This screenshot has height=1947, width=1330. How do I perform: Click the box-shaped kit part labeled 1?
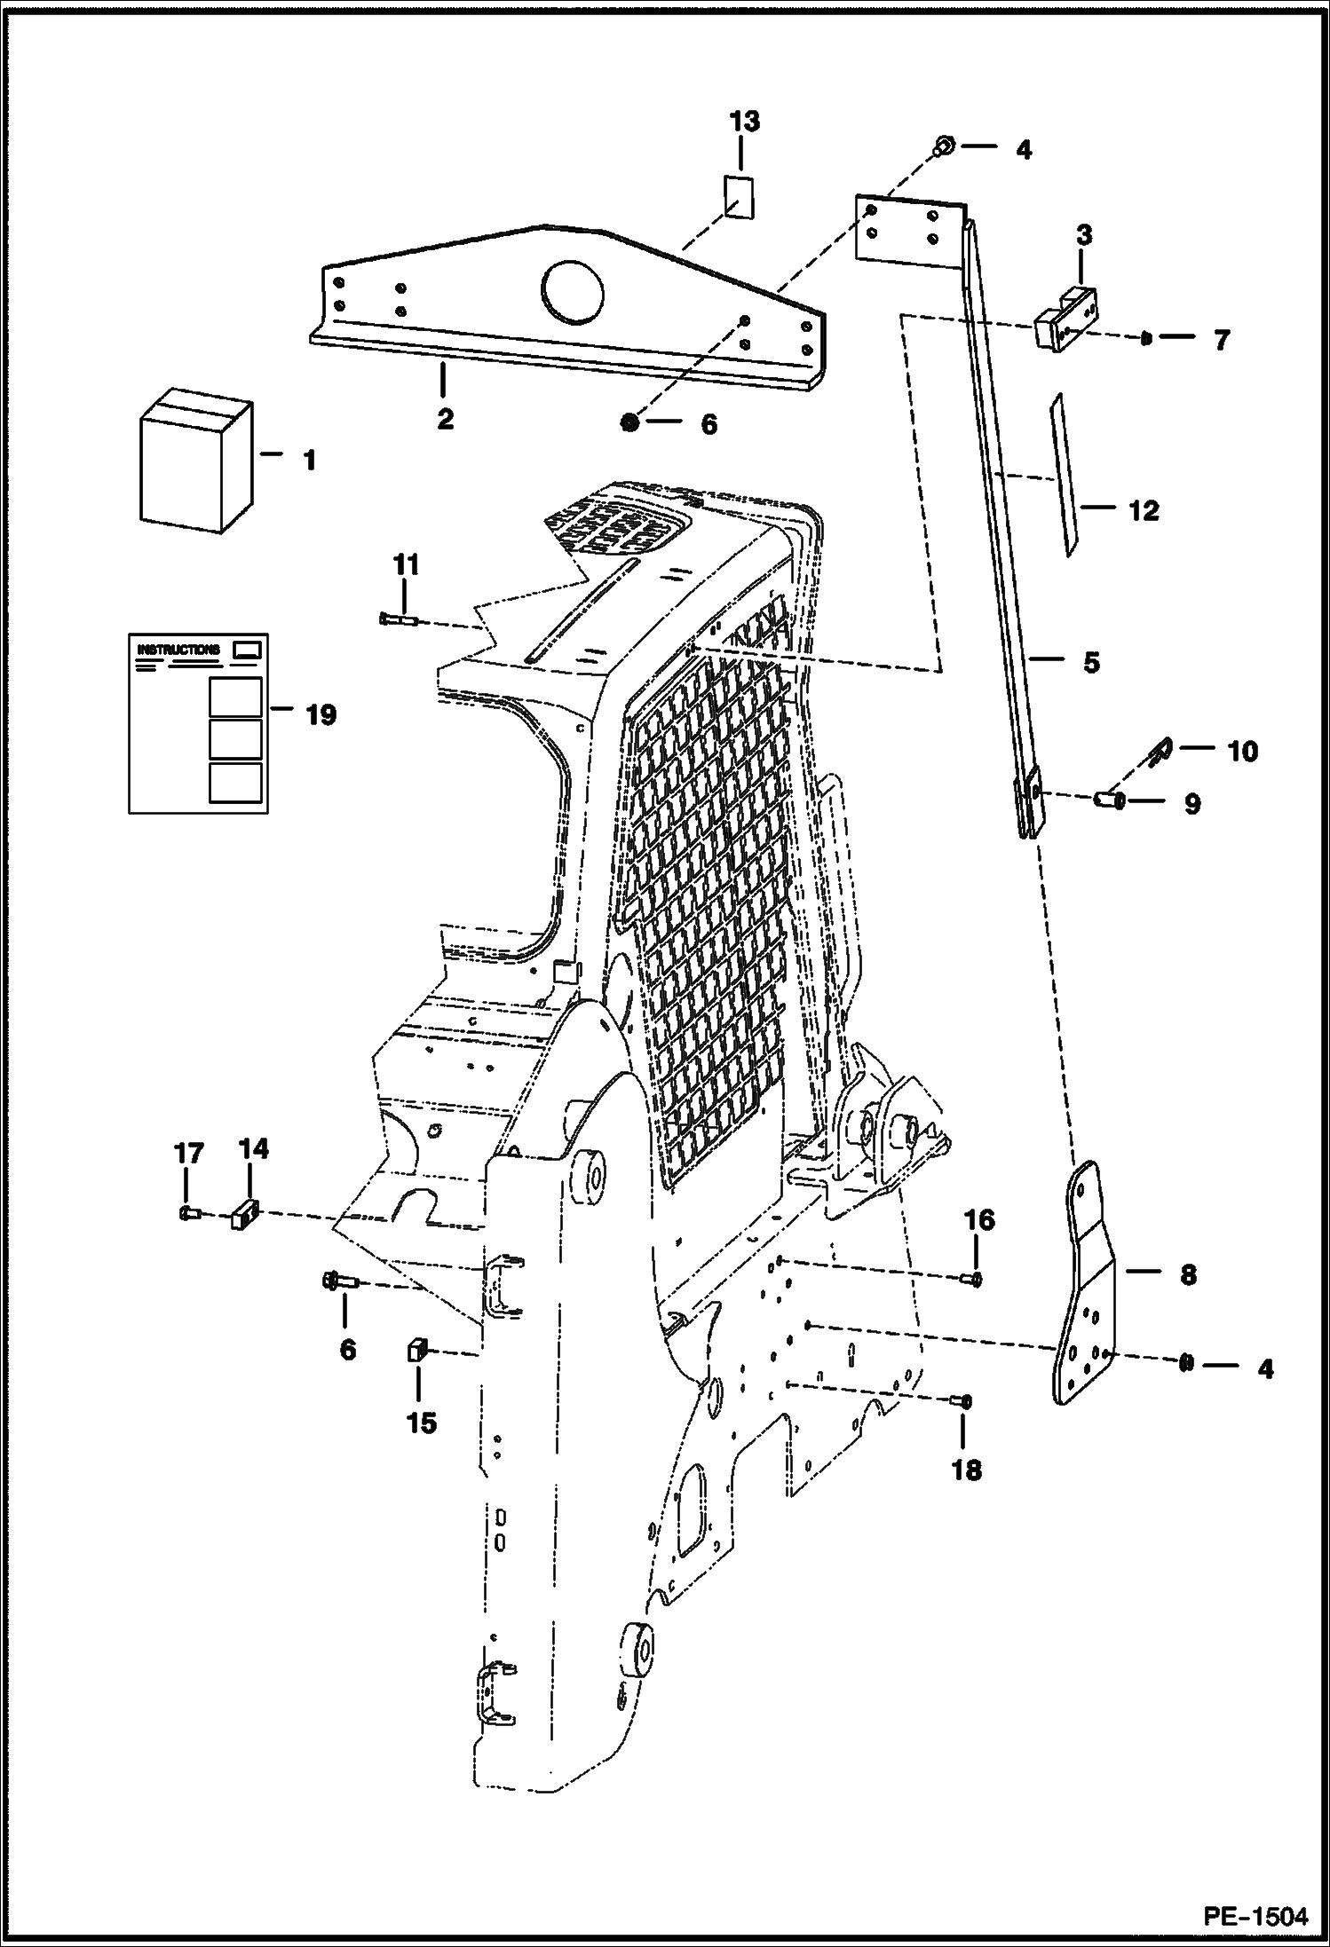point(195,463)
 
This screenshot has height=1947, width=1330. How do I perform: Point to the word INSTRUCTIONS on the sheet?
point(178,650)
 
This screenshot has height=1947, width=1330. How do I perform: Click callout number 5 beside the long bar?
point(1090,662)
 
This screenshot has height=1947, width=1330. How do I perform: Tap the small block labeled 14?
point(245,1213)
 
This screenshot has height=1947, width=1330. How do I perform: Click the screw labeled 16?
point(971,1279)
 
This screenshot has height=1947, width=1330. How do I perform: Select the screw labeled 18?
point(962,1402)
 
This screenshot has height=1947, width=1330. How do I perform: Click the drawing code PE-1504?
point(1255,1916)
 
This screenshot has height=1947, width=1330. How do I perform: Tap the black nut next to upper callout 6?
point(630,424)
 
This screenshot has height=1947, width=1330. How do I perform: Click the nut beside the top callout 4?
point(946,146)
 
